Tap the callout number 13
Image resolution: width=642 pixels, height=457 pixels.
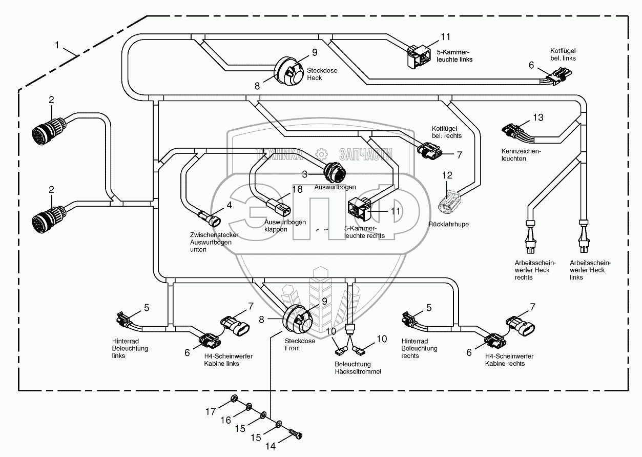(x=537, y=118)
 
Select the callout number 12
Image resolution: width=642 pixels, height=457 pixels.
(x=447, y=175)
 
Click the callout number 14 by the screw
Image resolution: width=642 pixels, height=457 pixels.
(x=271, y=446)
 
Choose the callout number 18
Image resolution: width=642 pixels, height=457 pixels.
(x=283, y=189)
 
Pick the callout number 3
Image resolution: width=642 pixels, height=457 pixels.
(x=304, y=174)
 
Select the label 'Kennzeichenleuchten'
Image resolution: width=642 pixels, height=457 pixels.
(x=521, y=155)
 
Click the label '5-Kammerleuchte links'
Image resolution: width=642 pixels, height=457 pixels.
(x=451, y=56)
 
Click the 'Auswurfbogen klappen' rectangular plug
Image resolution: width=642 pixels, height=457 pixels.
(x=279, y=208)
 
